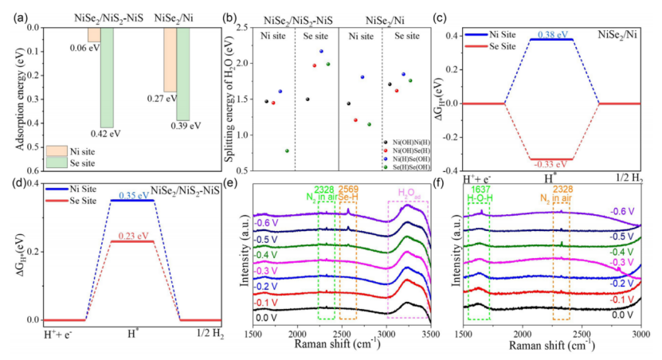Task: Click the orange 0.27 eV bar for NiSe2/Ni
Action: coord(170,60)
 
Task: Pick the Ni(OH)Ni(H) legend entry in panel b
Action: coord(412,140)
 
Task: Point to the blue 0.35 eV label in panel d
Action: coord(131,195)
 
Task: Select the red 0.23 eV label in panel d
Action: coord(131,236)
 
